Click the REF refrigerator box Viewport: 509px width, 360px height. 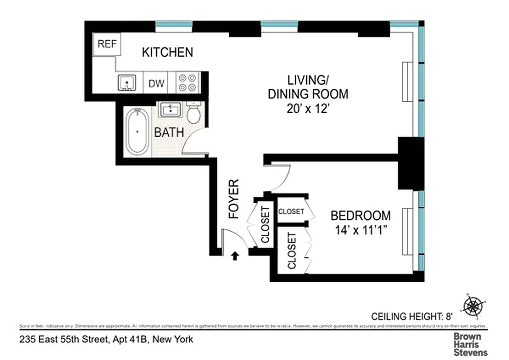(x=107, y=44)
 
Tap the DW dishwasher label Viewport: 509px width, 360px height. (x=156, y=83)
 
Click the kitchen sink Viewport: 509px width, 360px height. (x=127, y=83)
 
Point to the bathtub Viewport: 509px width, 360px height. (x=137, y=131)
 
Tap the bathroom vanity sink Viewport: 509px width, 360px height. (x=170, y=109)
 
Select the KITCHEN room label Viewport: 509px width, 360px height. (x=167, y=52)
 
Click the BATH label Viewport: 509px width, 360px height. (x=169, y=132)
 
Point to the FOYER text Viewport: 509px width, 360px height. (x=234, y=198)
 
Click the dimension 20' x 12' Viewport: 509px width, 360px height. (x=308, y=108)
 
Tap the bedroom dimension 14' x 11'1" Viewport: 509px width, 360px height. (x=361, y=230)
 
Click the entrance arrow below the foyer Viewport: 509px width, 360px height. (x=234, y=256)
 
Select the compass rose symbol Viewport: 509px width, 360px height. (x=473, y=306)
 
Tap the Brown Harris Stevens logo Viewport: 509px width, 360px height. (x=470, y=344)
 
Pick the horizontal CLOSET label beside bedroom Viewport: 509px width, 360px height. (x=291, y=211)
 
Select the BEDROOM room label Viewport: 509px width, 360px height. (x=361, y=215)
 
